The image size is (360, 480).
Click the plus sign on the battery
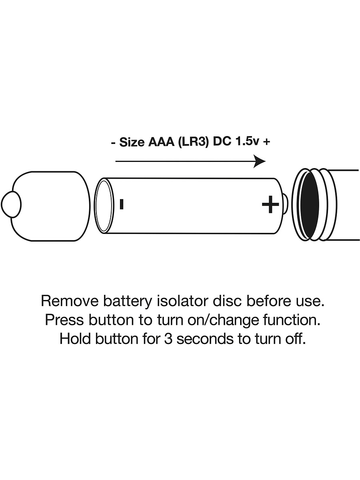coord(270,204)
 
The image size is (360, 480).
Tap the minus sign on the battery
coord(122,204)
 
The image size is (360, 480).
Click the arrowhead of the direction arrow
coord(260,161)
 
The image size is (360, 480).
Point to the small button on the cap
coord(11,204)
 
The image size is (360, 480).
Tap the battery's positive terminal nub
coord(286,204)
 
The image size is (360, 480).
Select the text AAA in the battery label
coord(162,142)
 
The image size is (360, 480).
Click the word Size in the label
coord(132,142)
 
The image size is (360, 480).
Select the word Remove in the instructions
coord(70,301)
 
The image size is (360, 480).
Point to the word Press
coord(64,320)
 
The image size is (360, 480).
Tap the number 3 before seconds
coord(168,339)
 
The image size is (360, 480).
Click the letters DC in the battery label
coord(222,142)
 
